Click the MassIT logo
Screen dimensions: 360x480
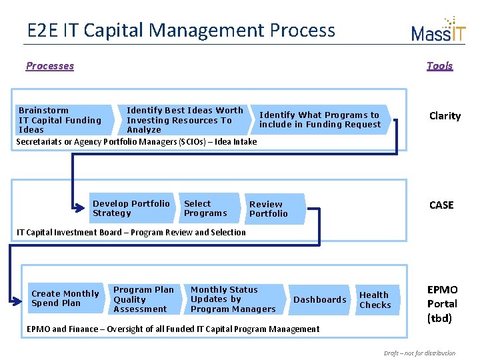438,30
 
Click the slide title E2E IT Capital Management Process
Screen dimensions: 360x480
181,30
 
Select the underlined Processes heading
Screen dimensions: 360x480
50,65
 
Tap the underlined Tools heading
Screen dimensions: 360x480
439,65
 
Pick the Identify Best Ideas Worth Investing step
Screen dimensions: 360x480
185,120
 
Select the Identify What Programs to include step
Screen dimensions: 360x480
321,120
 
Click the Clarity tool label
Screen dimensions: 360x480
445,116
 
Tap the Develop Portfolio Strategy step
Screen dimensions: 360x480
131,209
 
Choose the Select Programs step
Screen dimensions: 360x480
207,209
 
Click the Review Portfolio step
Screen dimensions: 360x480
271,209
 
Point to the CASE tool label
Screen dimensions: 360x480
441,205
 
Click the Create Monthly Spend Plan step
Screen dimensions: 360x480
66,299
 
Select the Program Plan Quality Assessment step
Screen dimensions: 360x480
143,299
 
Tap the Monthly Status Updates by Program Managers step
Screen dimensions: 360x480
233,299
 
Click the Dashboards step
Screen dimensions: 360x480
320,300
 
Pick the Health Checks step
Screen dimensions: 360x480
375,300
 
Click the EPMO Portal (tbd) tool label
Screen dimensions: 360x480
442,304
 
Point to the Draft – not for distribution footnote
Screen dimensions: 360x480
419,353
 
